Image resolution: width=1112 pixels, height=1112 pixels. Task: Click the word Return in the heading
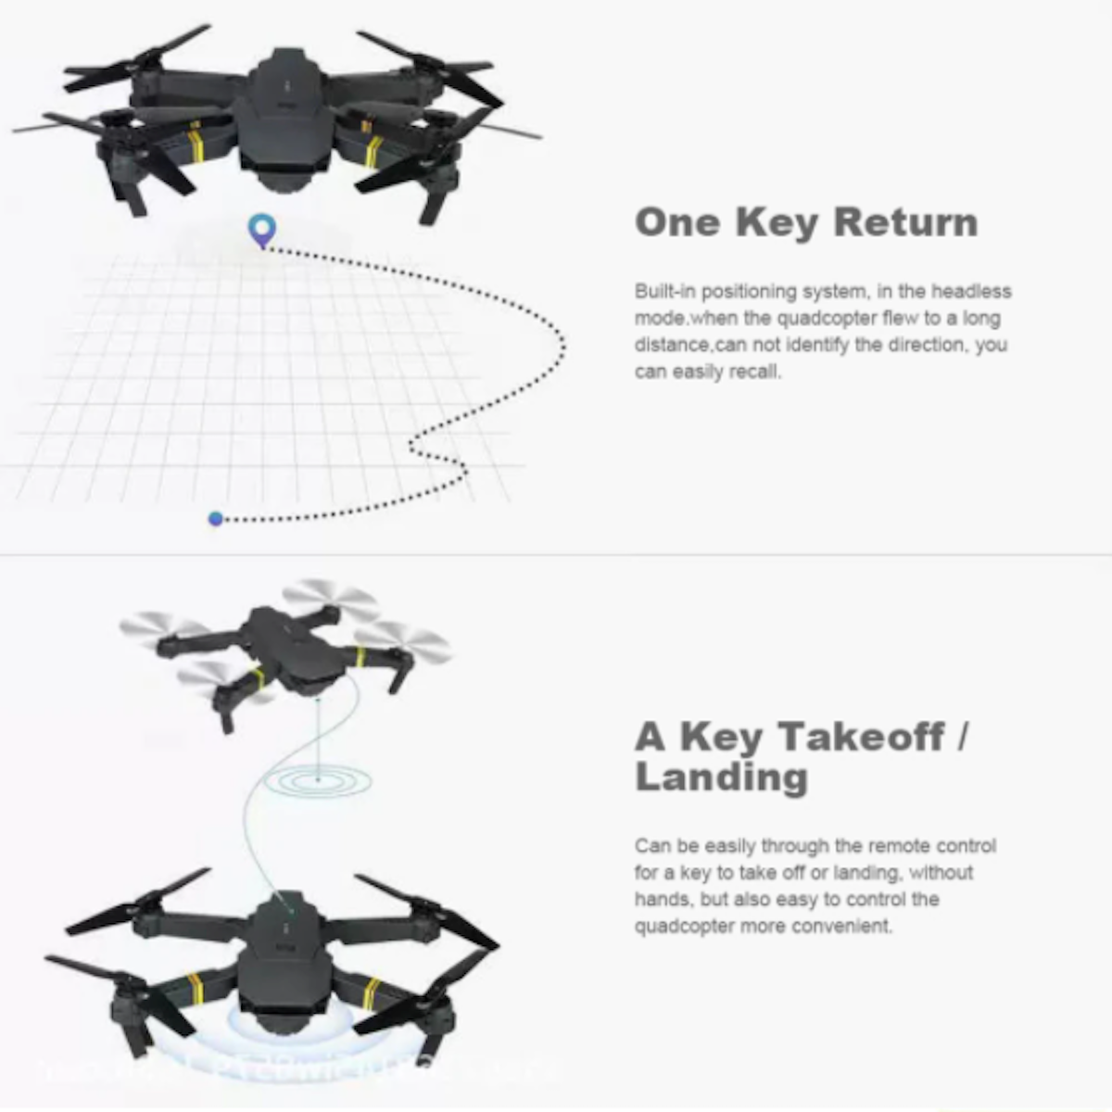pyautogui.click(x=905, y=222)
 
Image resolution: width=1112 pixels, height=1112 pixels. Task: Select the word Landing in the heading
pyautogui.click(x=721, y=777)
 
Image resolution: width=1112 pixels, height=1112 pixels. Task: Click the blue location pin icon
pyautogui.click(x=261, y=229)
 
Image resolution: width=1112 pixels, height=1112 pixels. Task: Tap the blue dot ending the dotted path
pyautogui.click(x=216, y=519)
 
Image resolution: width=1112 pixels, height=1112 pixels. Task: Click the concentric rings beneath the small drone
pyautogui.click(x=318, y=780)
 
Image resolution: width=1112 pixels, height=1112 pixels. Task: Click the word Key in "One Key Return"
pyautogui.click(x=777, y=222)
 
